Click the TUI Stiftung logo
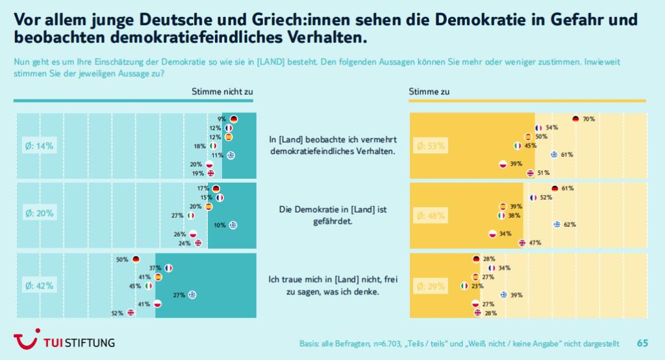point(64,341)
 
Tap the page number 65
point(642,342)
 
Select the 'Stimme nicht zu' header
point(222,92)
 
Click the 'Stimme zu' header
point(429,92)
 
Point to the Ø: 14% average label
point(40,146)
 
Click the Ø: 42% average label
point(40,285)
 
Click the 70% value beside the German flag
point(589,119)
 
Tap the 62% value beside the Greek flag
point(570,225)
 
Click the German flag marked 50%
point(136,259)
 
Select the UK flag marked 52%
point(131,313)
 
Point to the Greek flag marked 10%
point(232,225)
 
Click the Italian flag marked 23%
point(464,286)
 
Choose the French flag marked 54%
point(538,128)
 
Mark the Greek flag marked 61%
point(554,155)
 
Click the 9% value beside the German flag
point(221,119)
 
